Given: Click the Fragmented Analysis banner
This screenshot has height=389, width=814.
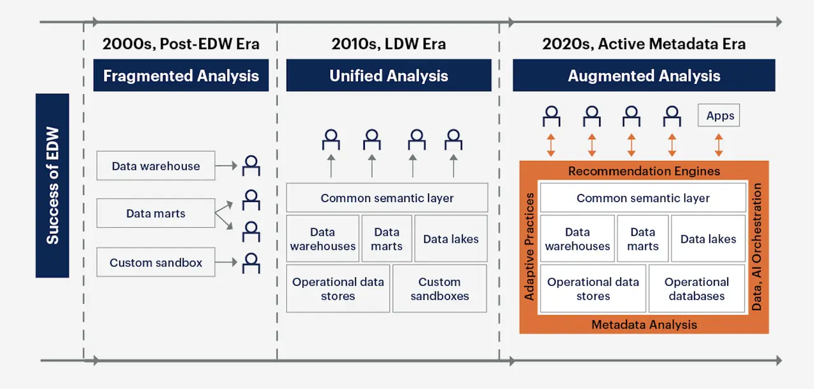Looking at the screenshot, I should [181, 76].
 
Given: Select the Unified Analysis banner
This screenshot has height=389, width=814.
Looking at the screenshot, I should [389, 76].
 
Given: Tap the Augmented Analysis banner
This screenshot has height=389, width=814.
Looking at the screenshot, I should [644, 76].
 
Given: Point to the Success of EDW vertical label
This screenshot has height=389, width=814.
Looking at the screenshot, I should [52, 186].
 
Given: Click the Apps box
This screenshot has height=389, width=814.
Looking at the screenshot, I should [719, 116].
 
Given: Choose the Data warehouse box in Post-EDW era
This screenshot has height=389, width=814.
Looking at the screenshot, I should [156, 166].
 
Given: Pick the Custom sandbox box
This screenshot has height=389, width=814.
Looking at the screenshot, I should [156, 263].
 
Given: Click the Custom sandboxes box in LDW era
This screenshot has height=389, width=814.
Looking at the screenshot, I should [439, 289].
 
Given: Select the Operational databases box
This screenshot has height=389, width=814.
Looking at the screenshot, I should [696, 289].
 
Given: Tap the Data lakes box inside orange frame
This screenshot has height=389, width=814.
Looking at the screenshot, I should [708, 239].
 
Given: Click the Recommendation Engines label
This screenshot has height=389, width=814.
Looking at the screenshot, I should [644, 171].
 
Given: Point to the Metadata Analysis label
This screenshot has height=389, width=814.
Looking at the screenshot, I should [644, 325].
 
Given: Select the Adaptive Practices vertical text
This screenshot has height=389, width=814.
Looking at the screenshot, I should [529, 247].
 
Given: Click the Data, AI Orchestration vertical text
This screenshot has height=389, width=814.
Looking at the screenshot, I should [757, 247].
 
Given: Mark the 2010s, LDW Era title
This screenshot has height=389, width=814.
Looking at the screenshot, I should [389, 44].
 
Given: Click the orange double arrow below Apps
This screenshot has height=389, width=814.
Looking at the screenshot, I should [719, 145].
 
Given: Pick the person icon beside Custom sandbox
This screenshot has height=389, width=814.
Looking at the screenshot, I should [252, 262].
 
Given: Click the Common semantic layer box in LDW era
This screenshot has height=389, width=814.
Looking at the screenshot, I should [387, 198].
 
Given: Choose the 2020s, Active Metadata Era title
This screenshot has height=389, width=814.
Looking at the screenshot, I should [644, 44].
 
